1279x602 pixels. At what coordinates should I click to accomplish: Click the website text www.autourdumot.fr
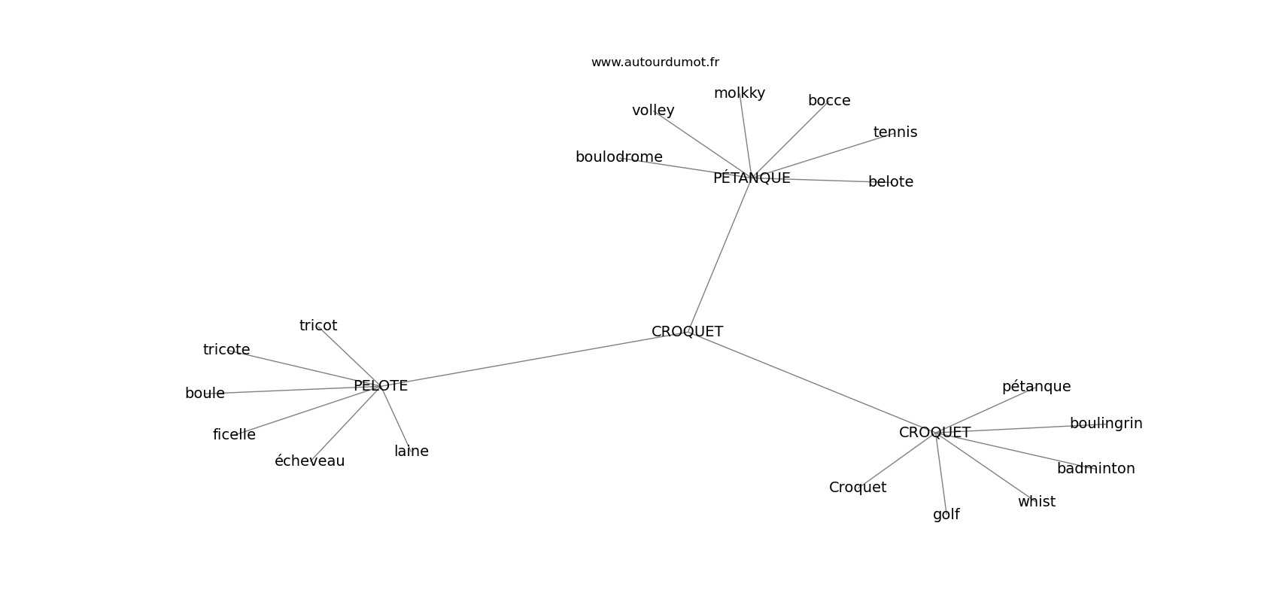pyautogui.click(x=655, y=62)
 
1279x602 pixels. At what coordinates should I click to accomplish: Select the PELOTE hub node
pyautogui.click(x=381, y=386)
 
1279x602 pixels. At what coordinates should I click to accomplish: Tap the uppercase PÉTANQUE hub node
pyautogui.click(x=752, y=178)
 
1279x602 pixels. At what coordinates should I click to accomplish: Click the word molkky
pyautogui.click(x=740, y=93)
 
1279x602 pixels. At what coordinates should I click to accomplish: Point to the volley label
pyautogui.click(x=653, y=110)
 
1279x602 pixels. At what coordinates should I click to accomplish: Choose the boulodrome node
pyautogui.click(x=619, y=157)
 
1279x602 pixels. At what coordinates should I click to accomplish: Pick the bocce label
pyautogui.click(x=829, y=101)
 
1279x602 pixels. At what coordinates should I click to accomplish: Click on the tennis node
pyautogui.click(x=895, y=132)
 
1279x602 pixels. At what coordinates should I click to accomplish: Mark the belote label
pyautogui.click(x=891, y=181)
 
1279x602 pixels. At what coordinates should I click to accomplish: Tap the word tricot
pyautogui.click(x=318, y=326)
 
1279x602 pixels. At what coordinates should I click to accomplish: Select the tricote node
pyautogui.click(x=226, y=350)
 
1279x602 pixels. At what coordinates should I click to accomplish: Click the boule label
pyautogui.click(x=205, y=394)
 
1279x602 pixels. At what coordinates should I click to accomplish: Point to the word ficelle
pyautogui.click(x=234, y=435)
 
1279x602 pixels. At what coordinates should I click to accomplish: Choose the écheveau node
pyautogui.click(x=309, y=461)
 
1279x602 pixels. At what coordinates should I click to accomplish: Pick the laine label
pyautogui.click(x=411, y=451)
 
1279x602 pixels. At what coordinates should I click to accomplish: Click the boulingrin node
pyautogui.click(x=1106, y=424)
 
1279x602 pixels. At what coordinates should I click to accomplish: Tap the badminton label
pyautogui.click(x=1095, y=469)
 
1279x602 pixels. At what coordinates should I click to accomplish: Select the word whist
pyautogui.click(x=1036, y=501)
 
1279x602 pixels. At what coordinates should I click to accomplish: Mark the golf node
pyautogui.click(x=946, y=515)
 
